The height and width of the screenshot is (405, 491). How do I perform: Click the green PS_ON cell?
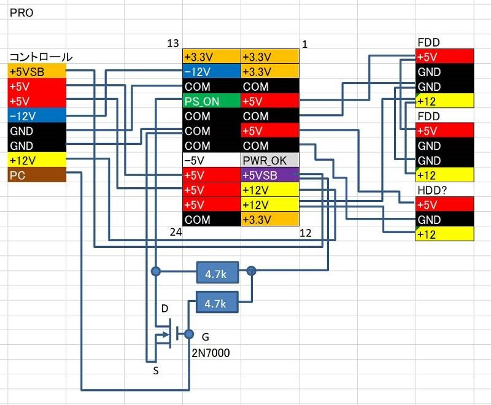point(212,101)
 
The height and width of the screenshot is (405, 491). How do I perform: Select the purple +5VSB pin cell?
point(270,175)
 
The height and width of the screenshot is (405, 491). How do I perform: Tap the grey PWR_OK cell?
point(270,161)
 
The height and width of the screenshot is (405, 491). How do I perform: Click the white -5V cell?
point(212,161)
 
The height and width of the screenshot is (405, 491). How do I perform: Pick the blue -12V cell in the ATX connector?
point(212,72)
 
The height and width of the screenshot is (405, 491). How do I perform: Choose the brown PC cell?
point(36,175)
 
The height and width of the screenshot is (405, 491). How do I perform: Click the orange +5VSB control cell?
point(36,72)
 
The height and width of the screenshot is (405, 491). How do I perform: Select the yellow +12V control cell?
point(36,161)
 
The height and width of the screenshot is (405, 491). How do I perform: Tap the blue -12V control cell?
point(36,116)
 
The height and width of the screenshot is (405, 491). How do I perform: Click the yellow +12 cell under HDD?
point(444,234)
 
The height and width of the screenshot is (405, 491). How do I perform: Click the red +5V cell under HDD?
point(444,205)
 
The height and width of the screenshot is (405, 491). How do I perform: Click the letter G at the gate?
point(205,336)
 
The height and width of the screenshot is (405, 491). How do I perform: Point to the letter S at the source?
point(156,370)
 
